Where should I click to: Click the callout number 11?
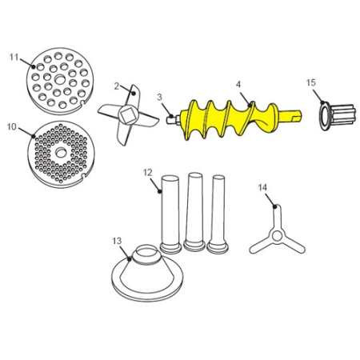14,57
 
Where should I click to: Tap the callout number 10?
12,126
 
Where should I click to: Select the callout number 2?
117,86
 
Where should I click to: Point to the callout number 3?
159,97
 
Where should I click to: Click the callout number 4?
238,84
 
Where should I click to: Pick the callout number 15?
311,82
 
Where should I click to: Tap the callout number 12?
147,173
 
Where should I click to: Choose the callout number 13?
117,241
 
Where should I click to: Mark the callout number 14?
262,187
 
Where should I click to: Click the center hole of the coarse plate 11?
60,79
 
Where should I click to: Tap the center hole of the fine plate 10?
61,153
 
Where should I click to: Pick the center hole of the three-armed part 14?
277,235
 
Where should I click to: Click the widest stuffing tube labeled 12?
170,214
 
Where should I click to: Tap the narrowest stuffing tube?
218,214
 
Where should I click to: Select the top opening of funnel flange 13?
148,249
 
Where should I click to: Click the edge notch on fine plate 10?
83,176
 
